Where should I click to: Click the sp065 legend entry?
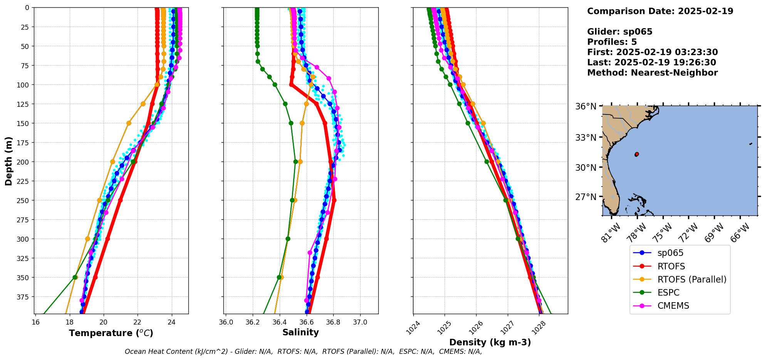[670, 253]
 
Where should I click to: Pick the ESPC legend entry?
[668, 293]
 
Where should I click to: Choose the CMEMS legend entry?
[673, 306]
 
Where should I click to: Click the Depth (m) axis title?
[9, 161]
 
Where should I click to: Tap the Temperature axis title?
[111, 333]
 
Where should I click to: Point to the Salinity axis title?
[300, 332]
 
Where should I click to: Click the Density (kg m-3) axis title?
[490, 342]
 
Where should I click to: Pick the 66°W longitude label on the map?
[739, 232]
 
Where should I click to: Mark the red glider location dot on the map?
[636, 154]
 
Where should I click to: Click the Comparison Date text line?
[660, 11]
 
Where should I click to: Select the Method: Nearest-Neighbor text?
[652, 73]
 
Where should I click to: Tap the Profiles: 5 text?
[612, 42]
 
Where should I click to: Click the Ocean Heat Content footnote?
[303, 352]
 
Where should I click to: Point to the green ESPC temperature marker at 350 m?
[75, 277]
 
